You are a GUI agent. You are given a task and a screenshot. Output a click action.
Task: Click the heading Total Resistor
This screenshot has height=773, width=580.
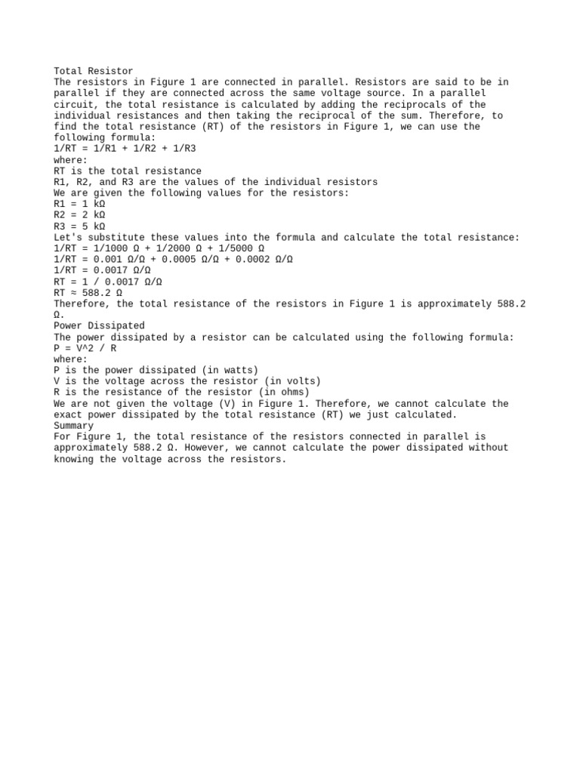(94, 71)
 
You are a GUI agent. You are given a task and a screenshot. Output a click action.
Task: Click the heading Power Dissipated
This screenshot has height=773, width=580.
(99, 325)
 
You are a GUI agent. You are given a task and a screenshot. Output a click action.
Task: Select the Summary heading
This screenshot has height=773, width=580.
(74, 425)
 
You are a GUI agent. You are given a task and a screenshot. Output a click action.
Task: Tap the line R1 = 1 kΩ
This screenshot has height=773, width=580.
(79, 204)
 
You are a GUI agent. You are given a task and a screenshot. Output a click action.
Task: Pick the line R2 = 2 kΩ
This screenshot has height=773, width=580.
(79, 214)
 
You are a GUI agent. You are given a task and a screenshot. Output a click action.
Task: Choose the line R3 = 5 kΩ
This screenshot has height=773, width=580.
(79, 226)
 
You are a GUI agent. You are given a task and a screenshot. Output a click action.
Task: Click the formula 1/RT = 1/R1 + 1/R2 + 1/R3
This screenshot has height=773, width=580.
(125, 149)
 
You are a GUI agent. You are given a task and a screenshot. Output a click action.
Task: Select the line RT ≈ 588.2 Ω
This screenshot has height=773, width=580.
(88, 292)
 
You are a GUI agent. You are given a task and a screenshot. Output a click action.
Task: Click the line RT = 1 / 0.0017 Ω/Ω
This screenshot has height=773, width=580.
(108, 282)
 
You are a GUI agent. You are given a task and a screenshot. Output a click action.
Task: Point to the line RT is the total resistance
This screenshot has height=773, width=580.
(128, 171)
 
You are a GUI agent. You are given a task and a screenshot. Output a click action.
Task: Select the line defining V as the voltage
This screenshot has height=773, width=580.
(187, 381)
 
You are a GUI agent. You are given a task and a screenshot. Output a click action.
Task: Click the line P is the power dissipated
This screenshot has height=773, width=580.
(156, 370)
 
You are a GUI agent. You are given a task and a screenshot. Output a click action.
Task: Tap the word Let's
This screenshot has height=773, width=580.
(68, 237)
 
